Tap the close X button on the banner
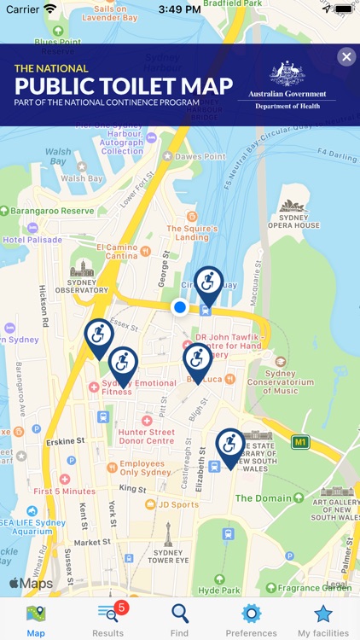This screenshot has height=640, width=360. (x=345, y=57)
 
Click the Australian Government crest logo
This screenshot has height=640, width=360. (x=287, y=74)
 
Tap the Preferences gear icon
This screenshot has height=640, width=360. (x=251, y=614)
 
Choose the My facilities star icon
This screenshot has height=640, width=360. (x=322, y=614)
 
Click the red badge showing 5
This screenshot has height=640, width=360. (x=121, y=608)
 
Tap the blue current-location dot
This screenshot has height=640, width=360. (x=179, y=307)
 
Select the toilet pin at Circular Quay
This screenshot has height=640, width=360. (x=208, y=285)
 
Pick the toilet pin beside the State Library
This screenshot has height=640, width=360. (x=229, y=446)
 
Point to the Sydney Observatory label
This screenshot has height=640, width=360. (x=82, y=285)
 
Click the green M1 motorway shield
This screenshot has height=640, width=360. (x=299, y=442)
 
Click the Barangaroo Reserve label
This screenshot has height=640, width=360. (x=52, y=211)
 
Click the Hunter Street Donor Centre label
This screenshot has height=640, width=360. (x=147, y=436)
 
